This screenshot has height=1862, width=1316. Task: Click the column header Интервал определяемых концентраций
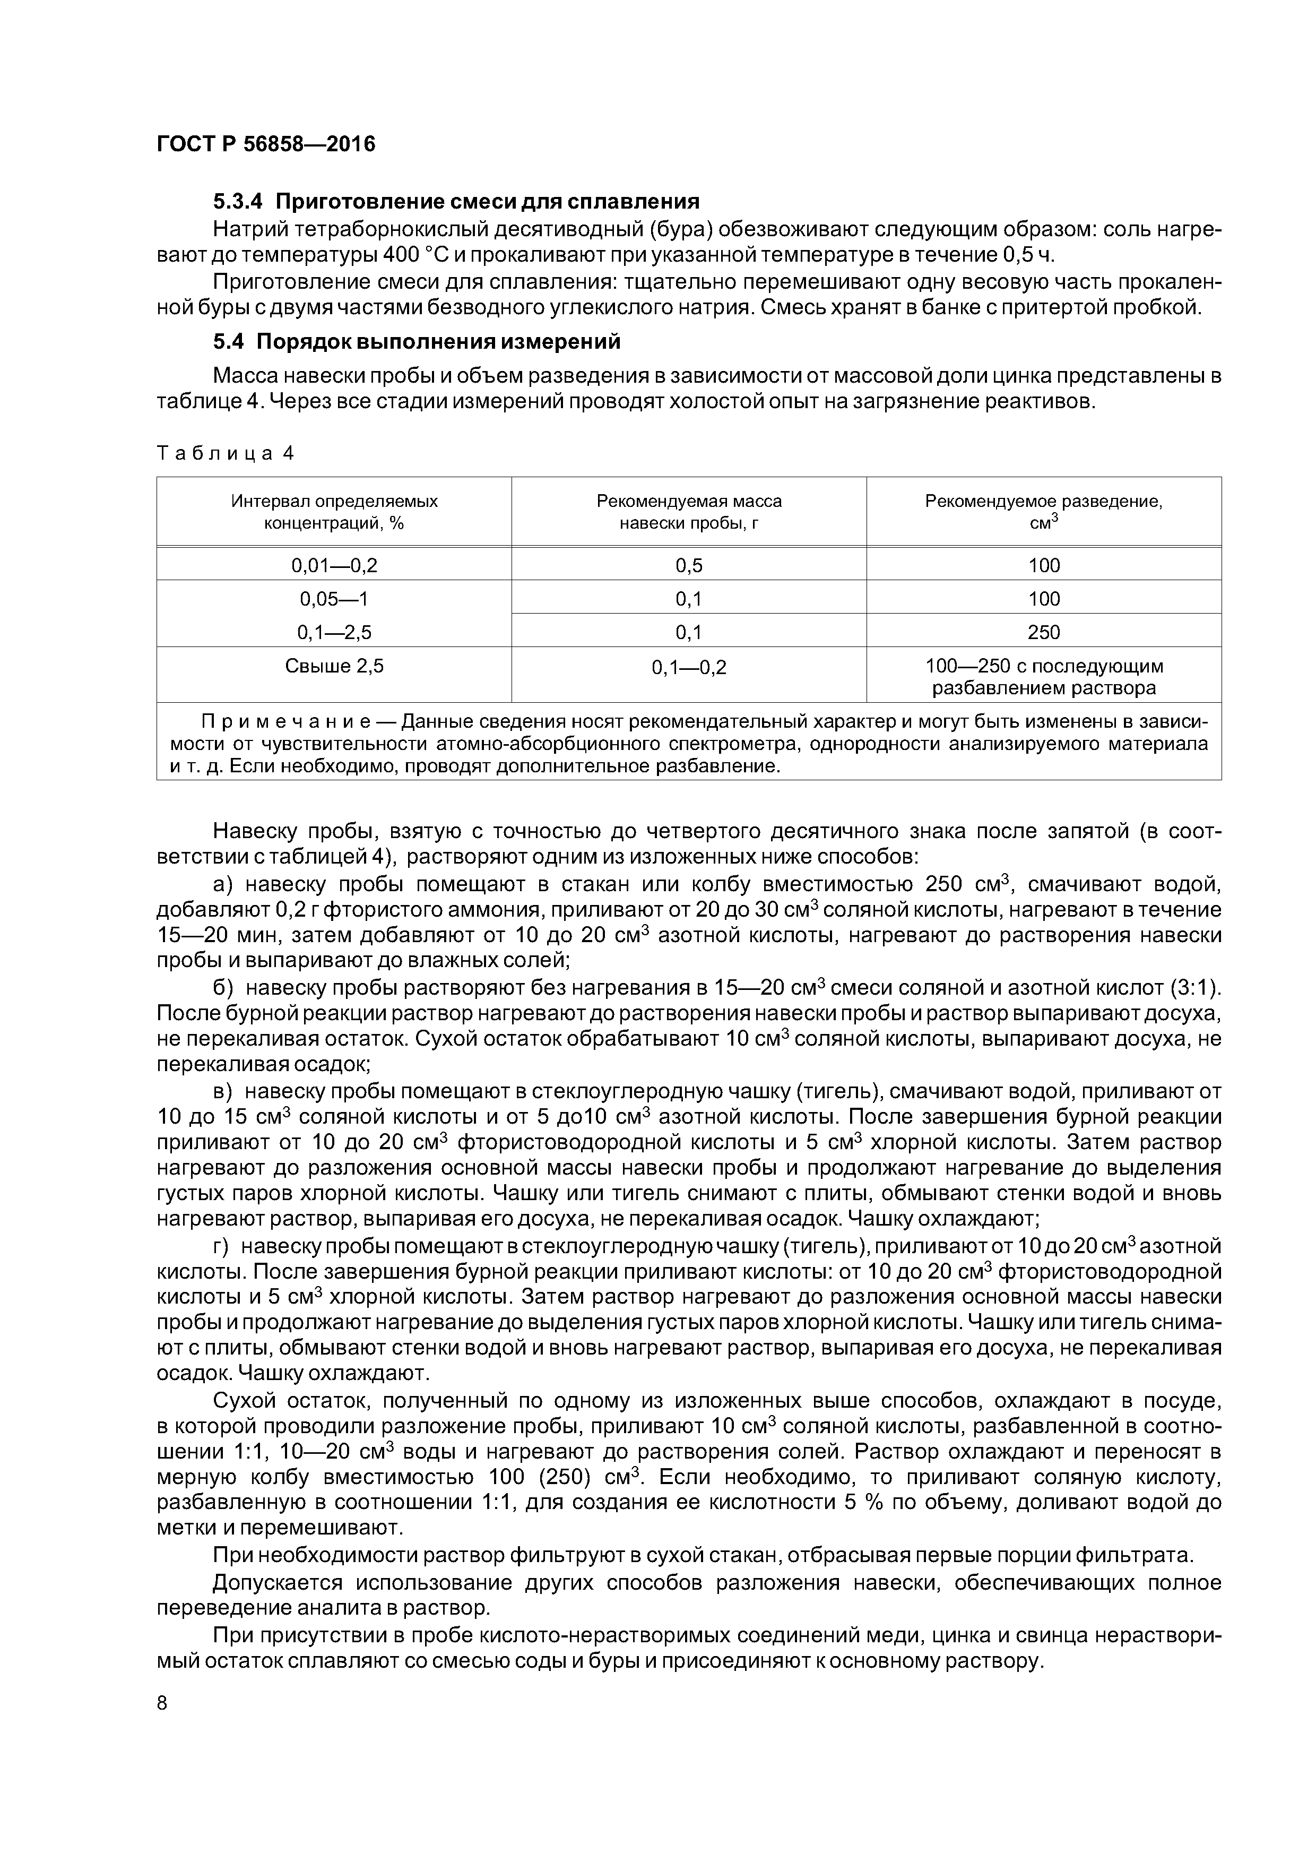coord(334,512)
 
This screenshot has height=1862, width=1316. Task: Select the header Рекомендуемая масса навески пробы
coord(689,512)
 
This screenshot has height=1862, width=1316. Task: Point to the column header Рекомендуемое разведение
coord(1044,512)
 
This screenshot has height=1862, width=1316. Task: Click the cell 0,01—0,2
coord(334,565)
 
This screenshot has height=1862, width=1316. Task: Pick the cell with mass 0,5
coord(689,565)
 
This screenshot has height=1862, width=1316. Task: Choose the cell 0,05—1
coord(334,599)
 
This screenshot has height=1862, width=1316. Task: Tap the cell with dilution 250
coord(1044,632)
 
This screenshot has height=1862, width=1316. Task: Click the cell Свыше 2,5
coord(334,666)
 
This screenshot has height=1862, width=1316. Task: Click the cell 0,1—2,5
coord(334,632)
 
